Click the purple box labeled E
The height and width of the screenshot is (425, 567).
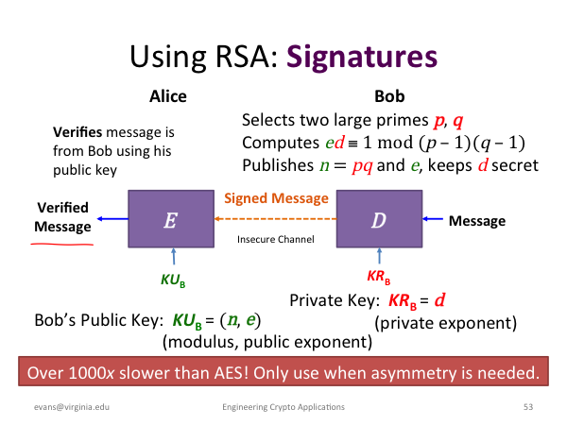[171, 219]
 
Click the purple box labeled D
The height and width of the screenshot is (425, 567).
[379, 219]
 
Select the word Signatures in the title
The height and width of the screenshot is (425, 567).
[362, 58]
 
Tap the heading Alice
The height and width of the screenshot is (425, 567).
[168, 96]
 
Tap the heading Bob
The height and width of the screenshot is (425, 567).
[389, 96]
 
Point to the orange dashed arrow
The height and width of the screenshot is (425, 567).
[276, 219]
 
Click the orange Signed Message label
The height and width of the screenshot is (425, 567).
[276, 199]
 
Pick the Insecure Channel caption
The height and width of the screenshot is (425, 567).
[276, 239]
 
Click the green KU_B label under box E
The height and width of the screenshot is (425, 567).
[173, 280]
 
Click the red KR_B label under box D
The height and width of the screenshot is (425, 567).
[379, 277]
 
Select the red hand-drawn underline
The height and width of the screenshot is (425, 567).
[61, 245]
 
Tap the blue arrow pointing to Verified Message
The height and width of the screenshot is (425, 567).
[112, 219]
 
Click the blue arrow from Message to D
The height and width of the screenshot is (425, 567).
[433, 219]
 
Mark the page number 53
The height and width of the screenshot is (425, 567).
[528, 407]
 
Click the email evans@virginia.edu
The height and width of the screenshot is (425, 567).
[72, 407]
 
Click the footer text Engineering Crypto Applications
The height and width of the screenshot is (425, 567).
[283, 407]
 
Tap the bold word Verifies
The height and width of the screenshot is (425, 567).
[77, 132]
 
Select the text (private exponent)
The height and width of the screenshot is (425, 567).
[445, 323]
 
